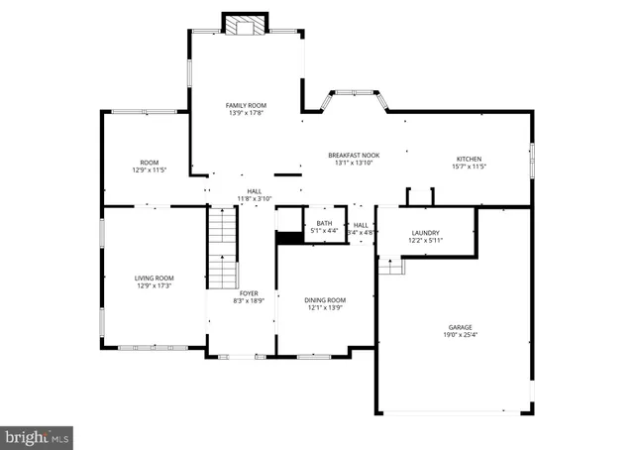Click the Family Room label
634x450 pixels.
tap(246, 105)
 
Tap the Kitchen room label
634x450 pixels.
tap(469, 159)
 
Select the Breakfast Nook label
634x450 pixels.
tap(354, 155)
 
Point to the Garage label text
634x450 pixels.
tap(459, 327)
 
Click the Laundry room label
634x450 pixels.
tap(425, 233)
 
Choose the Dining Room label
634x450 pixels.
tap(325, 300)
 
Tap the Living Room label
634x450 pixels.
tap(155, 279)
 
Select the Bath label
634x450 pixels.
tap(324, 223)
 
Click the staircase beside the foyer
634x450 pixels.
tap(223, 248)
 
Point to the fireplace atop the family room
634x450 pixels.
tap(244, 24)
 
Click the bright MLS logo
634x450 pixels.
tap(38, 435)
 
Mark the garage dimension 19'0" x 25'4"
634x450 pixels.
tap(459, 335)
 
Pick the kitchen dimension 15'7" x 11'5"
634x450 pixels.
tap(469, 167)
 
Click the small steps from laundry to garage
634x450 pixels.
tap(392, 266)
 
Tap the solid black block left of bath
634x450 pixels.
tap(289, 237)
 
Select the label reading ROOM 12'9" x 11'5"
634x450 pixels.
tap(149, 167)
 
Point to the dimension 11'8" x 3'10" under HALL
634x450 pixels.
tap(255, 199)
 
